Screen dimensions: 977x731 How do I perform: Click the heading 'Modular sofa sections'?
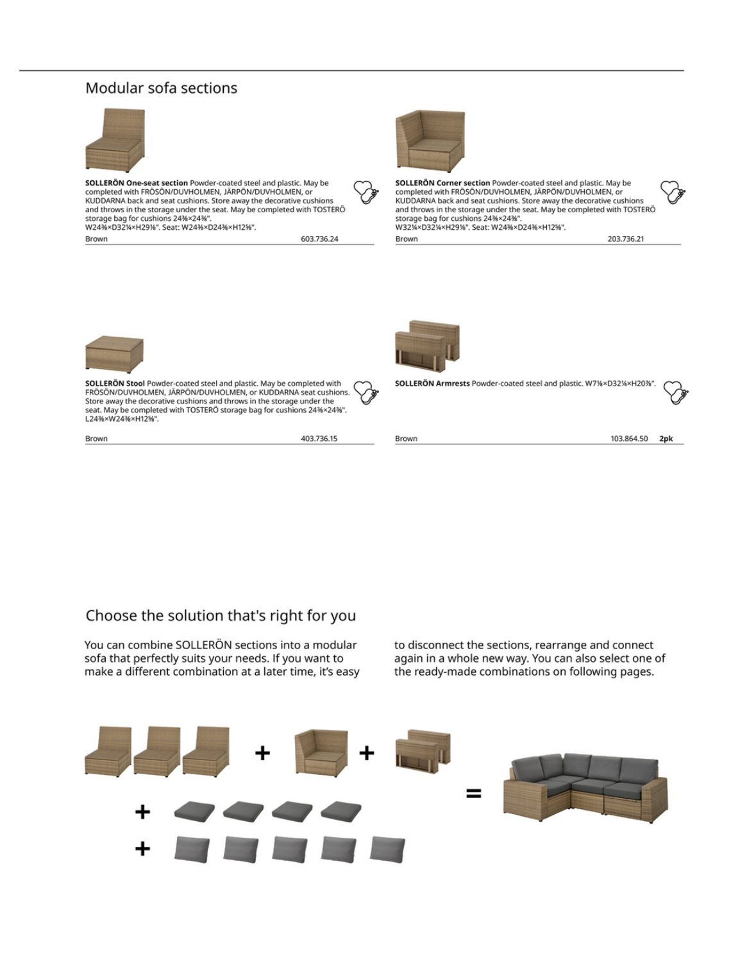[x=161, y=88]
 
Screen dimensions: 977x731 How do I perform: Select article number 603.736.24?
[x=319, y=239]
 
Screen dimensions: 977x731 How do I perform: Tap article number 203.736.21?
[x=626, y=239]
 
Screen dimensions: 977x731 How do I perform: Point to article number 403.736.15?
[x=319, y=439]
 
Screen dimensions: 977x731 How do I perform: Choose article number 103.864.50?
[x=629, y=439]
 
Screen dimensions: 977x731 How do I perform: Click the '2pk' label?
[x=666, y=439]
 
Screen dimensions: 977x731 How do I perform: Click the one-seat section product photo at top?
[x=115, y=140]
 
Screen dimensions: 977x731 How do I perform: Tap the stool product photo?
[x=114, y=353]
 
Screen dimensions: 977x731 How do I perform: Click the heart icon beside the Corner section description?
[x=672, y=192]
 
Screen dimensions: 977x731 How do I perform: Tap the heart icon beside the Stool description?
[x=366, y=392]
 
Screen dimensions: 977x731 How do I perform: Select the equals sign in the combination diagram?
[x=473, y=794]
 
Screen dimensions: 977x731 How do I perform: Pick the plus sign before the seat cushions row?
[x=142, y=812]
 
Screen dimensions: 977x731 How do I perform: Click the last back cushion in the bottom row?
[x=387, y=849]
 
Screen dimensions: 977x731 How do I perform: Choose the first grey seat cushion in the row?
[x=193, y=811]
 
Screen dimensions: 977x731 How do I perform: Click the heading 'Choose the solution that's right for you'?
[x=221, y=616]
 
